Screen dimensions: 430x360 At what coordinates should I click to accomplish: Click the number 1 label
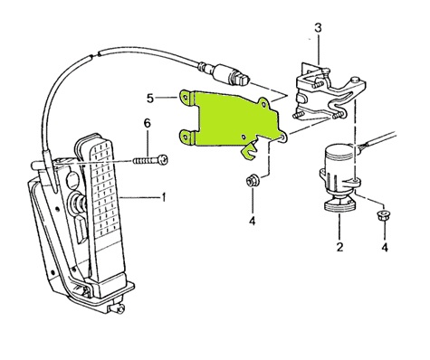pos(164,198)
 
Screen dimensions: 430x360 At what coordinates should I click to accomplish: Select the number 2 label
pos(339,247)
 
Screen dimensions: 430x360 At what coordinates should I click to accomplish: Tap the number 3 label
pos(318,28)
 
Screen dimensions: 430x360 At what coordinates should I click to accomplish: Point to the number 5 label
pos(150,99)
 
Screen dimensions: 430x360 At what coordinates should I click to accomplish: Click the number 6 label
pos(148,123)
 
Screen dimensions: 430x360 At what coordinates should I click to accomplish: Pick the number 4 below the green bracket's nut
pos(253,221)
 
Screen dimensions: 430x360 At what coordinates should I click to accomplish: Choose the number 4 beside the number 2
pos(385,248)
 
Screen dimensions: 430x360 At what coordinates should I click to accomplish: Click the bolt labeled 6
pos(150,160)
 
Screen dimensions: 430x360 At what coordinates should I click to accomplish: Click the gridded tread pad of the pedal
pos(106,187)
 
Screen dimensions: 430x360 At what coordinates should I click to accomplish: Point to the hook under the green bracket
pos(249,152)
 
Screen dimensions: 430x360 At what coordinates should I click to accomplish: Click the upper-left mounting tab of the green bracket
pos(187,99)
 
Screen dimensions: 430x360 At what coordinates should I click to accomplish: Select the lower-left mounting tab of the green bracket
pos(187,137)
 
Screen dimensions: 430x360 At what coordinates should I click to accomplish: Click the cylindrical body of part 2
pos(338,169)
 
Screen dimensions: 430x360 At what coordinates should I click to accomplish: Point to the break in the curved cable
pos(95,55)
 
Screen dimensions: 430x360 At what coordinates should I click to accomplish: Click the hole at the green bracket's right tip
pos(282,138)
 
